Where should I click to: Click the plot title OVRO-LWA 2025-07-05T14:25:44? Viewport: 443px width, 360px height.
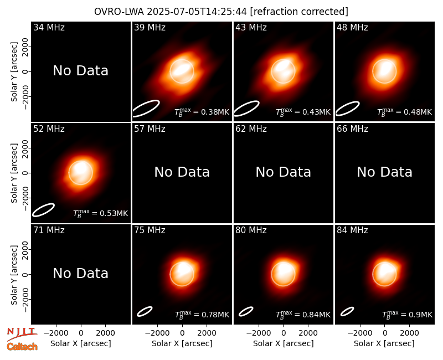171,12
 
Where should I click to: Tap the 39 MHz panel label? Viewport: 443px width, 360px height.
150,27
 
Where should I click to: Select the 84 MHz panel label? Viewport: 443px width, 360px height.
352,230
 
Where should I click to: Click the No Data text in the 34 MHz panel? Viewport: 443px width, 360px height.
81,71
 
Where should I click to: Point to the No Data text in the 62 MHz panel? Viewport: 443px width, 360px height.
284,172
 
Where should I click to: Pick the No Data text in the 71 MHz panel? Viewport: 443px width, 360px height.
81,274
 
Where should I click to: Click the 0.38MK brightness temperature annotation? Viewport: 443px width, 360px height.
202,112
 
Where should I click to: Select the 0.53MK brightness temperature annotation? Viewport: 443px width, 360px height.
101,213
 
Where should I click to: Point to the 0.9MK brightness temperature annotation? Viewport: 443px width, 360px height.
407,315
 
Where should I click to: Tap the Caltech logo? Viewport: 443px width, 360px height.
22,347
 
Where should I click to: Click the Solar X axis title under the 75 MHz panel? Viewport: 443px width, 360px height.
182,343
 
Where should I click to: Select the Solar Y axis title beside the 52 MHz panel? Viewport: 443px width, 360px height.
14,173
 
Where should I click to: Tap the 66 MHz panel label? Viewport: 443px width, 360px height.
352,129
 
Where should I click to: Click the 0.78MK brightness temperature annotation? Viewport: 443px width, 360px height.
202,315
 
